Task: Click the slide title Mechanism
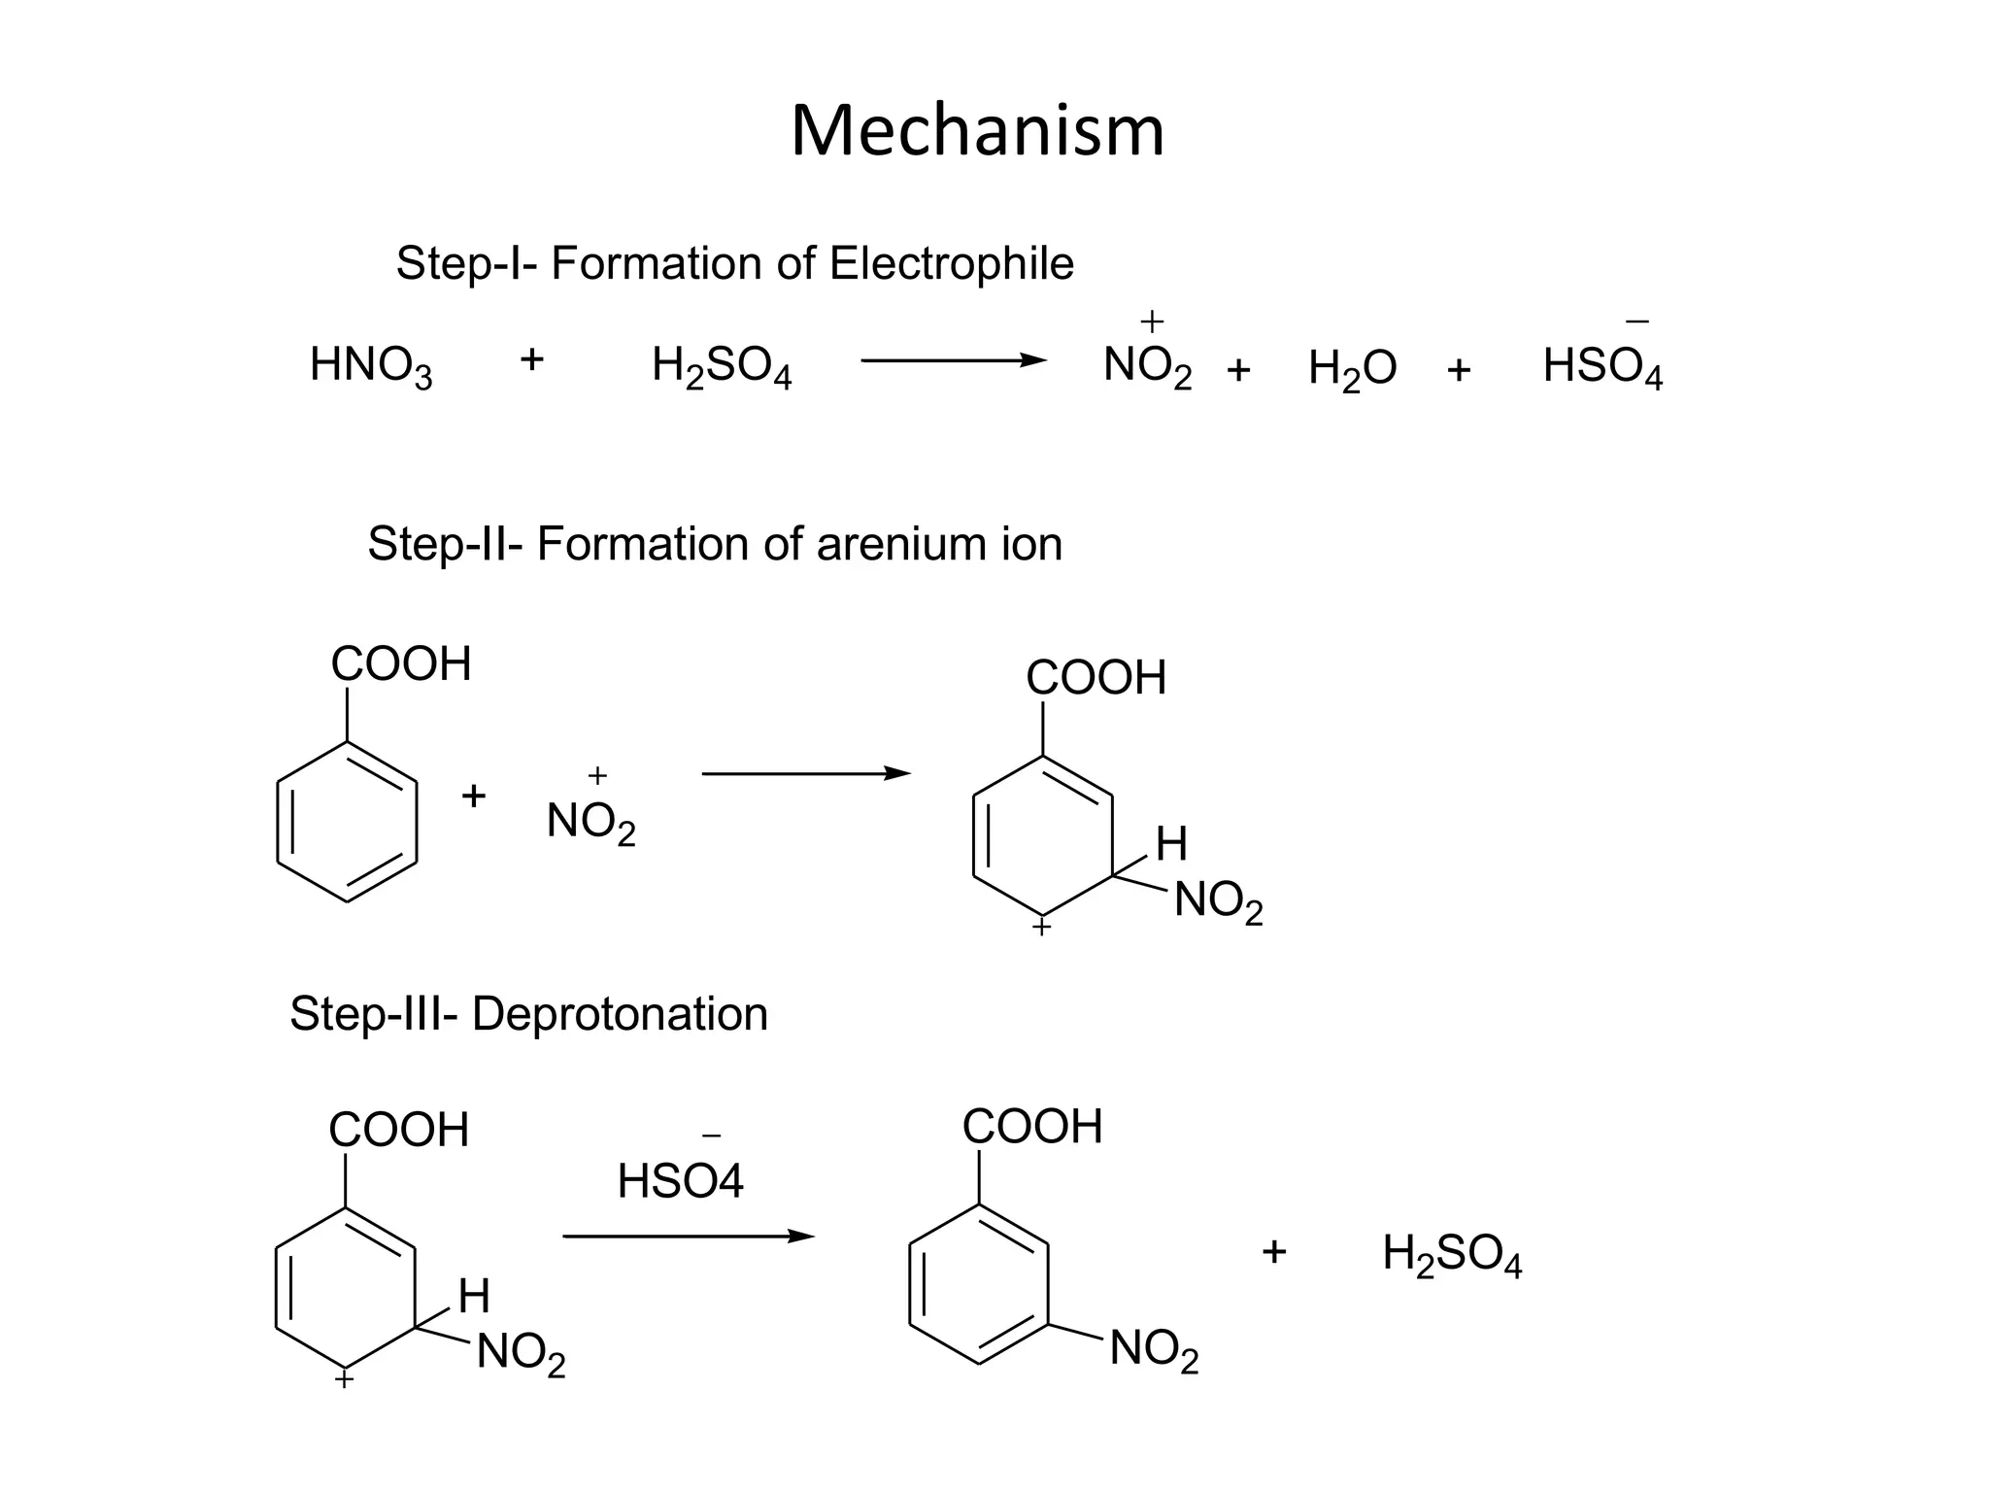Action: pyautogui.click(x=977, y=131)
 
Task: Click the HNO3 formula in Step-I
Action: pyautogui.click(x=371, y=367)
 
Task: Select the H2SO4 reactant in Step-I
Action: pyautogui.click(x=722, y=367)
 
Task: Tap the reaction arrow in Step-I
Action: pyautogui.click(x=954, y=361)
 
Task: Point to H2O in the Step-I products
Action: pyautogui.click(x=1352, y=369)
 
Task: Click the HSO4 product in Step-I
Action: pyautogui.click(x=1602, y=367)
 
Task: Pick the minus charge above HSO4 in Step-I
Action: pyautogui.click(x=1636, y=322)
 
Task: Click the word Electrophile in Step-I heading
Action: pyautogui.click(x=952, y=263)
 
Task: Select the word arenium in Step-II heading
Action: pyautogui.click(x=889, y=544)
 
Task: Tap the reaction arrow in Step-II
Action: pyautogui.click(x=806, y=773)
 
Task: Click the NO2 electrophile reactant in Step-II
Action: pyautogui.click(x=590, y=822)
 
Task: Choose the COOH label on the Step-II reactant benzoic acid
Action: pyautogui.click(x=401, y=664)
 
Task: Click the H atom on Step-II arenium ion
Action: pyautogui.click(x=1171, y=843)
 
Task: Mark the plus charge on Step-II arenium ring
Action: pyautogui.click(x=1041, y=929)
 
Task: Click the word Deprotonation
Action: pyautogui.click(x=620, y=1014)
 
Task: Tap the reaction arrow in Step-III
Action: pyautogui.click(x=689, y=1237)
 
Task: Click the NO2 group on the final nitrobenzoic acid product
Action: pyautogui.click(x=1154, y=1349)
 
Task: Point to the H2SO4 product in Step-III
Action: pyautogui.click(x=1452, y=1254)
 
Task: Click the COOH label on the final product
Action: pyautogui.click(x=1032, y=1127)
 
